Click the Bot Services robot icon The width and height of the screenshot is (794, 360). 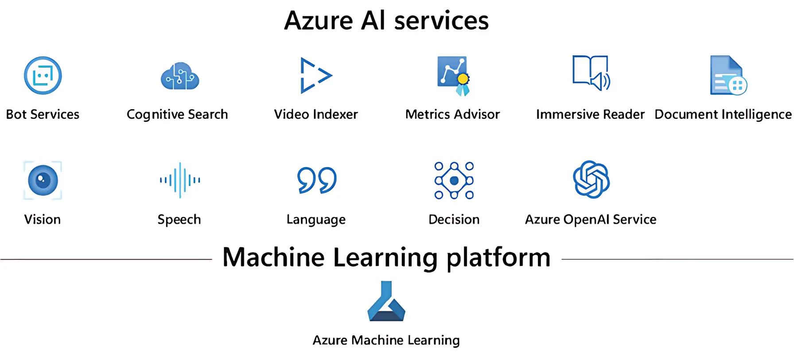(43, 75)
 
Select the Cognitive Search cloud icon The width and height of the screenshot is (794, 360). (179, 76)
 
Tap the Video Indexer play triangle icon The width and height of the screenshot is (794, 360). (315, 75)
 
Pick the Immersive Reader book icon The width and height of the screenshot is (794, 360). (591, 73)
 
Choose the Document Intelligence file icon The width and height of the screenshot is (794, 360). (728, 75)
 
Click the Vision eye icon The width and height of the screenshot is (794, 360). (43, 180)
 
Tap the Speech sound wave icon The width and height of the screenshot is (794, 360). (179, 180)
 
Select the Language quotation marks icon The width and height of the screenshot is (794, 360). (316, 180)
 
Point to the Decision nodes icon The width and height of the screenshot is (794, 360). (454, 180)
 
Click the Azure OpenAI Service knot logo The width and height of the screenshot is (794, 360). (591, 179)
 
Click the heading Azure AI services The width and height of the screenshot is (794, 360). (386, 20)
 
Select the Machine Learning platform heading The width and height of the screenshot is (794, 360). (386, 257)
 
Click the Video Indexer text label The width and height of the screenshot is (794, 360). (315, 114)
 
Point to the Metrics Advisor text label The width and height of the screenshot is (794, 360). (452, 114)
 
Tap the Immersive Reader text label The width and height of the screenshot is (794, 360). (590, 114)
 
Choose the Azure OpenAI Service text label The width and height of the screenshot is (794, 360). (590, 219)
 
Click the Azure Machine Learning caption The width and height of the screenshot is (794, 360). (386, 340)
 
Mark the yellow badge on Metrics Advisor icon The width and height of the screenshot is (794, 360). (463, 79)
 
